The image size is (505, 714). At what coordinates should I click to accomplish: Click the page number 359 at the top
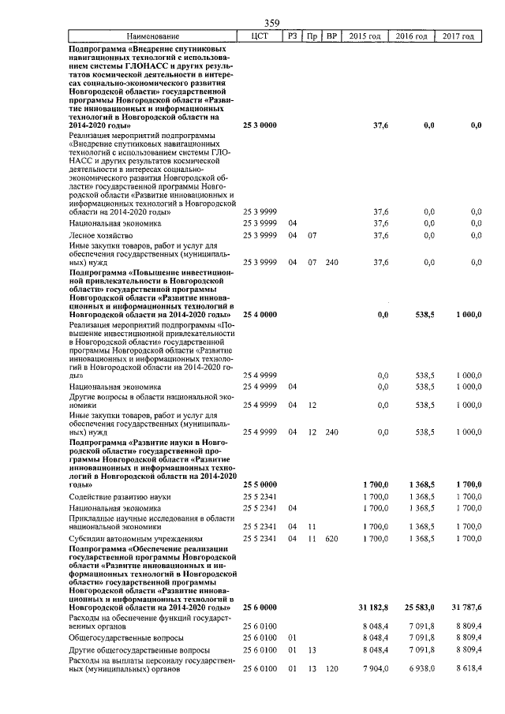[271, 23]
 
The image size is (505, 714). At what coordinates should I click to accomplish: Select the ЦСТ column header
[260, 36]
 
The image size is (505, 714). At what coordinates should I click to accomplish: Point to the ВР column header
[332, 36]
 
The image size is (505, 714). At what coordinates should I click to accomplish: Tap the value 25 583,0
[419, 607]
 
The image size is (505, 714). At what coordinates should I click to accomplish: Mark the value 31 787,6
[466, 607]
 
